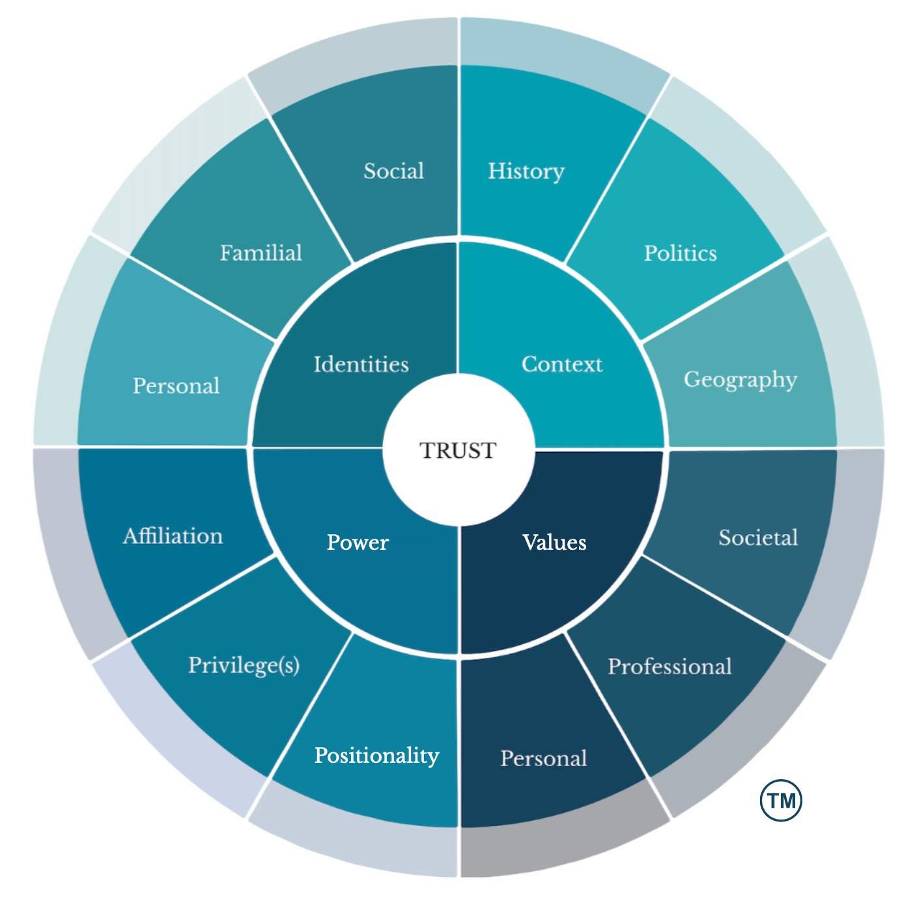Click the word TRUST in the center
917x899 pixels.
point(458,450)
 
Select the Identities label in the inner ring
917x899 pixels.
point(361,364)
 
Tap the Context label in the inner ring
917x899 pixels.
point(562,364)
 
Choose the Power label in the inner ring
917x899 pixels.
point(358,542)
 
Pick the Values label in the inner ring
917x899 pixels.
point(554,542)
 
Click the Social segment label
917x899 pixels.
point(393,171)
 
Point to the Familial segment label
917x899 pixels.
point(261,253)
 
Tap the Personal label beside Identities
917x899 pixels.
point(176,386)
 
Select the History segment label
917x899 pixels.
point(526,171)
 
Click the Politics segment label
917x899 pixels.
point(680,253)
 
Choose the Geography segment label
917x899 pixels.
point(740,380)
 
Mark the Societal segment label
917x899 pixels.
point(758,537)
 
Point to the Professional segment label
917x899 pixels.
point(670,666)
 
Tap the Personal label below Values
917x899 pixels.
point(544,758)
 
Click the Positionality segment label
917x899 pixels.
point(376,756)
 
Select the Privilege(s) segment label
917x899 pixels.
point(244,665)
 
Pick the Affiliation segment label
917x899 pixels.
point(173,536)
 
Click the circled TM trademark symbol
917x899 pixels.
point(781,800)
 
